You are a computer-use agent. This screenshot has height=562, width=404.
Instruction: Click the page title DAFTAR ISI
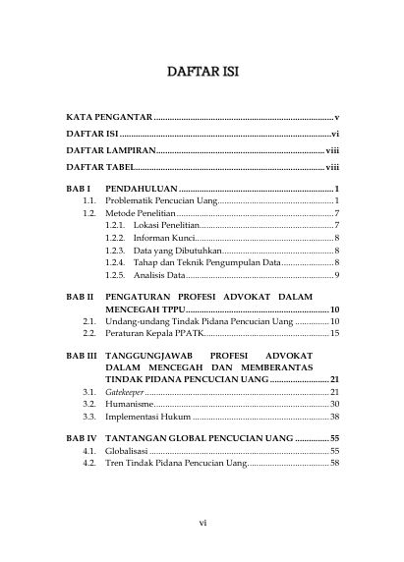coord(202,73)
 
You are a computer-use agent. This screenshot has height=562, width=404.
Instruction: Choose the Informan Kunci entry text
coord(164,239)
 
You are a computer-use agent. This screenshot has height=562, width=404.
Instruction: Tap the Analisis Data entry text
coord(156,276)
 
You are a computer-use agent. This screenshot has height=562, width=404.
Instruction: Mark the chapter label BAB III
coord(81,354)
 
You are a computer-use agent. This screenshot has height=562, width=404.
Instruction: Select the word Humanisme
coord(131,405)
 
